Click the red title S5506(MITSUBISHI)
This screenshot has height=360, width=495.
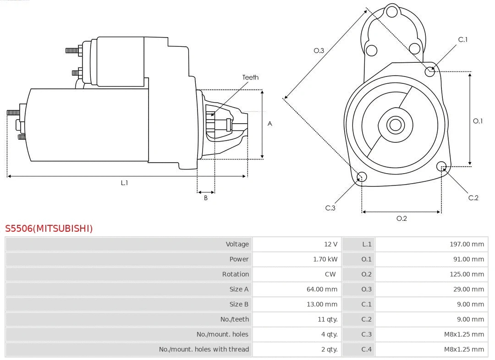click(49, 229)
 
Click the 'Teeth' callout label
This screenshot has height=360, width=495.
click(250, 77)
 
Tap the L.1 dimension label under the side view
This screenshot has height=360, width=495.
click(124, 183)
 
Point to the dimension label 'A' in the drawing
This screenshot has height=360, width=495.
click(270, 124)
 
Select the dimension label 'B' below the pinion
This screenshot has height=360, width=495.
click(206, 198)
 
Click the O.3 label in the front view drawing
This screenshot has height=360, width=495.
click(319, 50)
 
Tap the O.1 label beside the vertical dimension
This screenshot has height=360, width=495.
click(478, 121)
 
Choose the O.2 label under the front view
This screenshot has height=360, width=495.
click(401, 218)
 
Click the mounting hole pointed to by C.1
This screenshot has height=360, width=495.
click(430, 71)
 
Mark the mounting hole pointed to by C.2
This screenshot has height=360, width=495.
click(441, 166)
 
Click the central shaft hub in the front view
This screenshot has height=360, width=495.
click(395, 125)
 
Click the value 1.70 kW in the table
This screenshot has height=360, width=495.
click(325, 259)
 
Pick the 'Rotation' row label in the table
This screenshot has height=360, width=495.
click(236, 274)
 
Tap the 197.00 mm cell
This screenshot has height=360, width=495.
click(467, 244)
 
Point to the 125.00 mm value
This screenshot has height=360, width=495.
click(467, 274)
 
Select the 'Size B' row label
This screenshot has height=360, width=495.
click(239, 304)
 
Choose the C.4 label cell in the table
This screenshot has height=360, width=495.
click(366, 349)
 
